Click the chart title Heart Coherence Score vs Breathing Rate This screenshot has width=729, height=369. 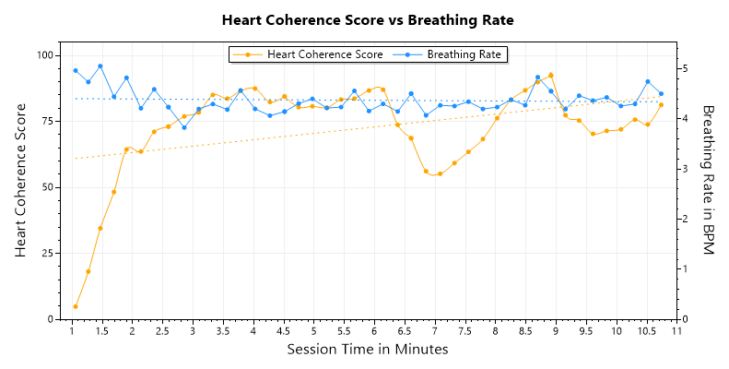pos(368,19)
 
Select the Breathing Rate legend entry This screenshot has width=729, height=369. pos(464,54)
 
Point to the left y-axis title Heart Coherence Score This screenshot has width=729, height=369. pos(21,181)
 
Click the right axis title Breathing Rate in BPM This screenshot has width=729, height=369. pos(709,181)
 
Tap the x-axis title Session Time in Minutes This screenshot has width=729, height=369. pos(368,350)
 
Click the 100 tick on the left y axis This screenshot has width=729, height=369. pos(46,55)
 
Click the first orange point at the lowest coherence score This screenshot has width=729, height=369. pos(76,306)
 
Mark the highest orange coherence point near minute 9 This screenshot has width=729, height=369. pos(551,76)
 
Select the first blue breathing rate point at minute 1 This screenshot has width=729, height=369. pos(76,71)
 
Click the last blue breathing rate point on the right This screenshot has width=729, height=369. pos(661,93)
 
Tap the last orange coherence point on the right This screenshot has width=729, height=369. pos(661,104)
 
